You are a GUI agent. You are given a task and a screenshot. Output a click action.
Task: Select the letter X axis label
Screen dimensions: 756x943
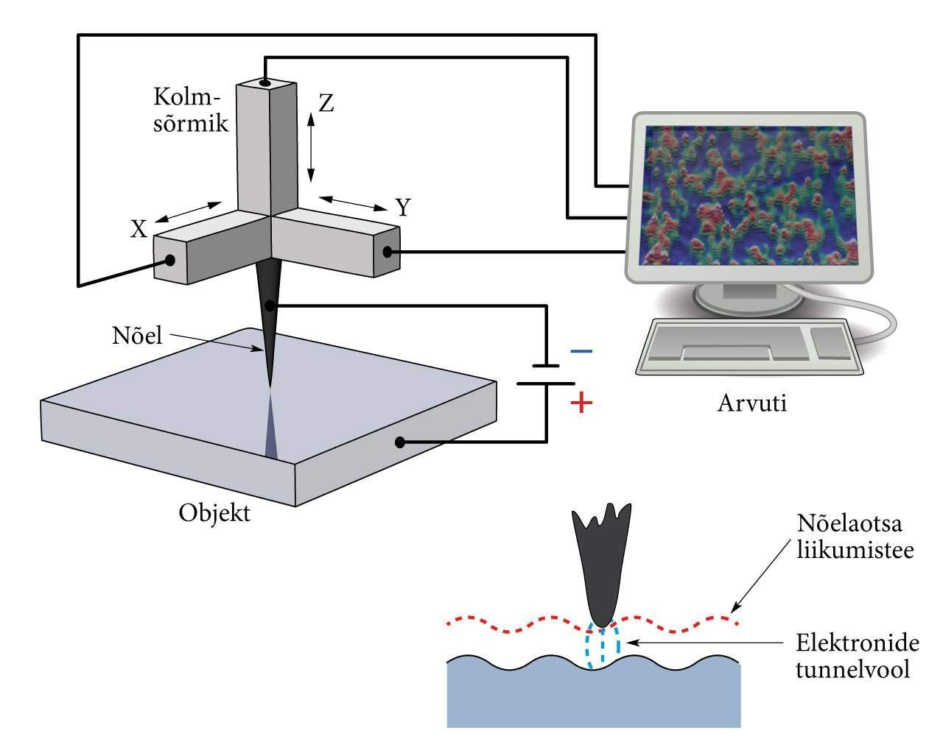[139, 230]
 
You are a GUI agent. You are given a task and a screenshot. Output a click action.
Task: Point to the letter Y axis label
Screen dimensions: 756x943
[402, 208]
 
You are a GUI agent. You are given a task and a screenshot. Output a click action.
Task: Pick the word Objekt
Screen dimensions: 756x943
[214, 512]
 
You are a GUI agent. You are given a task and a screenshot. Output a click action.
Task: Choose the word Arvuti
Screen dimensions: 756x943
[752, 403]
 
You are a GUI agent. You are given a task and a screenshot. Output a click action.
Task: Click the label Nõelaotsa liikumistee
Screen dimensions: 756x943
[855, 537]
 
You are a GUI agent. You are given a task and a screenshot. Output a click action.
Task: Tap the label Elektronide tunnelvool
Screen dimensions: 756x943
[858, 657]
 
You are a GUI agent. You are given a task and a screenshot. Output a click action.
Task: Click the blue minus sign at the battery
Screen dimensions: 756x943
[581, 352]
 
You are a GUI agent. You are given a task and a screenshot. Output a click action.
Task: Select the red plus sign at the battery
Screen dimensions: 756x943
[581, 403]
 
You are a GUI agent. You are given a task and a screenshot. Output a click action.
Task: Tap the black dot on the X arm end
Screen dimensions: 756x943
[170, 260]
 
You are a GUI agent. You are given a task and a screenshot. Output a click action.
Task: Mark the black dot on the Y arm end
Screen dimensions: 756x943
[388, 252]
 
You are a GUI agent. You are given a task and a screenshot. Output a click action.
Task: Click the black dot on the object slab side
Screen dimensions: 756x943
[400, 442]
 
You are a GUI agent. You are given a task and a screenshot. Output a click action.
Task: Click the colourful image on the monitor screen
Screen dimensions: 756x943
[749, 195]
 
